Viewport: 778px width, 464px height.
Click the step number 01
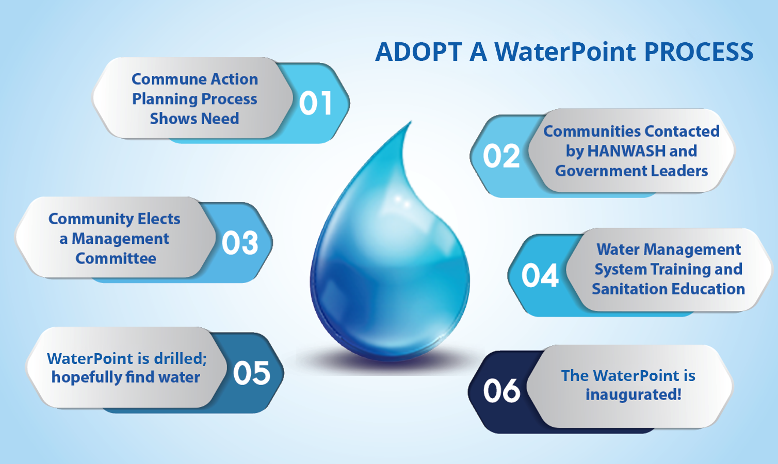[315, 103]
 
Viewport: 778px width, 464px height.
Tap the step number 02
[501, 156]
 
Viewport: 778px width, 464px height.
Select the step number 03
[240, 243]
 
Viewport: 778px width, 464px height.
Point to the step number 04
[540, 275]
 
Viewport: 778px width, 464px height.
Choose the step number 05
[252, 373]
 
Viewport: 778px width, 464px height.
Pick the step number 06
[501, 391]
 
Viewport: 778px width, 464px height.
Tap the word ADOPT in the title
[418, 52]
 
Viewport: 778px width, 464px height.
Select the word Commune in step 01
[161, 79]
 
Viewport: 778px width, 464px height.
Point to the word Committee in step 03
[116, 258]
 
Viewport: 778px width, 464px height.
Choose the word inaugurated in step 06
[633, 395]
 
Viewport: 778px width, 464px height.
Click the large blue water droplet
[390, 268]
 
